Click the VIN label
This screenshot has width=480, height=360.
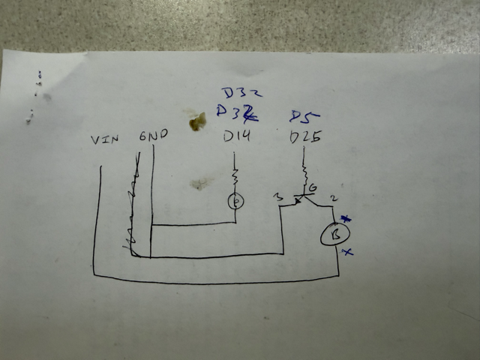pos(105,139)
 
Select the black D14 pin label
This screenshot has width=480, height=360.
pos(239,137)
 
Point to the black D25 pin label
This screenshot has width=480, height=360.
pos(304,138)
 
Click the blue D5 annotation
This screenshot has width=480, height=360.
pos(304,116)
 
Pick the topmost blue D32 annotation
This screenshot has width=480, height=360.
pos(240,93)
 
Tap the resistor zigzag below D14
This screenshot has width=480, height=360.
pos(235,177)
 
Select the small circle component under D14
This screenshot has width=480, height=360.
pos(235,201)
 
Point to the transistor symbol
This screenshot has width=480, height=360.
pos(304,199)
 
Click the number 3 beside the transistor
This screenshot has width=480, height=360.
pos(278,197)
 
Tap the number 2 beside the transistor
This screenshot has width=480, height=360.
pos(334,196)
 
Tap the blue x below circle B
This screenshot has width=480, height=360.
pos(346,253)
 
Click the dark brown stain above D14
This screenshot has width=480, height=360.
pos(196,121)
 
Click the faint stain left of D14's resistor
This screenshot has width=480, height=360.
pos(199,183)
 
